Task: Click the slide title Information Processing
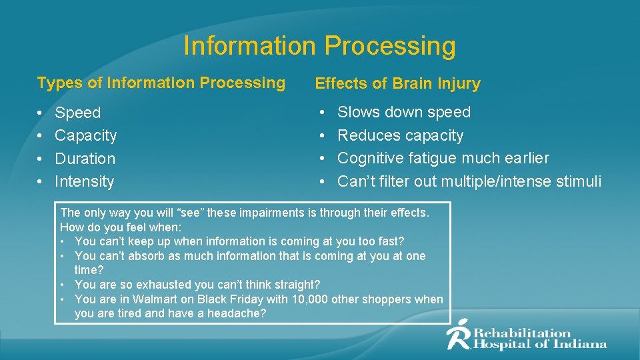[319, 46]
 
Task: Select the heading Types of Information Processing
[161, 83]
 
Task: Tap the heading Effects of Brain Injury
[397, 84]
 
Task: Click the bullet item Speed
[77, 113]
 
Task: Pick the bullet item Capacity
[85, 135]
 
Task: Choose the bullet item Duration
[85, 159]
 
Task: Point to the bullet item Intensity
[84, 181]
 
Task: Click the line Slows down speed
[403, 112]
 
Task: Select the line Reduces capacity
[400, 135]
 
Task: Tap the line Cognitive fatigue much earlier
[443, 158]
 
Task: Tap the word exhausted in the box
[146, 285]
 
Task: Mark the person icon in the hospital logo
[458, 335]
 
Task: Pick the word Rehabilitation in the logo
[522, 333]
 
